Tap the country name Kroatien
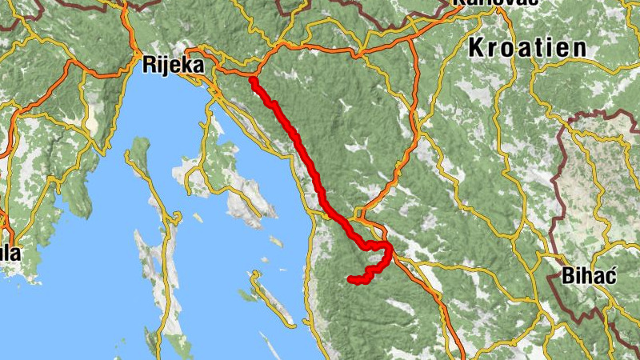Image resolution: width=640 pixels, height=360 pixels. coord(527,47)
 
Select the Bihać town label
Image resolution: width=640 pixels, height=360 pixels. coord(590,278)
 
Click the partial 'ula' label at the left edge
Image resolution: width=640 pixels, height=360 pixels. coord(10,254)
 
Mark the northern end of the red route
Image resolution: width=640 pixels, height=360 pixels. coord(253,80)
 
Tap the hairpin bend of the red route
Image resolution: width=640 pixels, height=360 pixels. coord(390,254)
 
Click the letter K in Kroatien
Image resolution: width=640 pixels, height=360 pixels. coord(476,47)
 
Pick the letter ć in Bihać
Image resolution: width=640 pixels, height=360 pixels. coord(610,277)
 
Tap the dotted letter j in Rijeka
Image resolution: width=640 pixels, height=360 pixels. coord(167,66)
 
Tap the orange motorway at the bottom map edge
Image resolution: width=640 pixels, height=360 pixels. coord(461,352)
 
